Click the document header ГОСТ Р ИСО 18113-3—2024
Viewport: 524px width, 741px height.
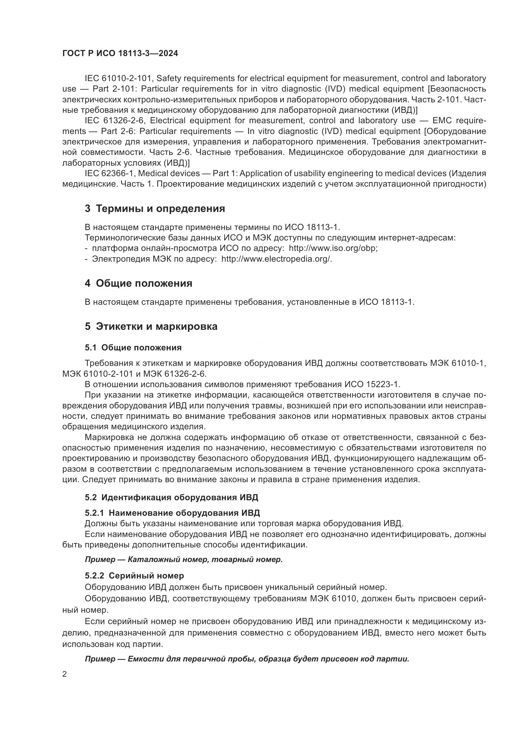coord(120,54)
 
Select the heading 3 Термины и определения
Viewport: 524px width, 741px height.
coord(155,208)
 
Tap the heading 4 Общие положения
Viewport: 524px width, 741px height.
coord(138,283)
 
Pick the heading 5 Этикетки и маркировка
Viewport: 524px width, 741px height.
coord(151,326)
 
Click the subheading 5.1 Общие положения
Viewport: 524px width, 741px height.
coord(133,348)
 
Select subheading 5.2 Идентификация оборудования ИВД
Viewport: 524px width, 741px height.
coord(171,497)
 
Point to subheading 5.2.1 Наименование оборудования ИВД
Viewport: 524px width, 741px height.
coord(172,513)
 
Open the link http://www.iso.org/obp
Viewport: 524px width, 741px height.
coord(333,248)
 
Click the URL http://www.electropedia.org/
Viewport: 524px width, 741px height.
coord(276,259)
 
